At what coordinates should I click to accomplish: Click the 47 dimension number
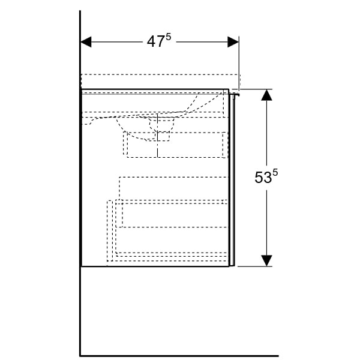(x=155, y=42)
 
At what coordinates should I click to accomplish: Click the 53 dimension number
(x=263, y=177)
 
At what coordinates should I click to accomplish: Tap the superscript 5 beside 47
(x=168, y=37)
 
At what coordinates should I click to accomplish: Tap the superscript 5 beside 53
(x=275, y=172)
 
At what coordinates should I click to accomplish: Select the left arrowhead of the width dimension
(x=86, y=42)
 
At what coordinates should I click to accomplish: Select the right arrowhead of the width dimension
(x=233, y=42)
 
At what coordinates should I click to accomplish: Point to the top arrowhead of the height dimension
(x=266, y=95)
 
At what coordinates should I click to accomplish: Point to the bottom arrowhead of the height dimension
(x=266, y=261)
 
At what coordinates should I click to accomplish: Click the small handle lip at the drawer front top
(x=235, y=95)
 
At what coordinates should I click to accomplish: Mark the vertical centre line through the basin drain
(x=157, y=136)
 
